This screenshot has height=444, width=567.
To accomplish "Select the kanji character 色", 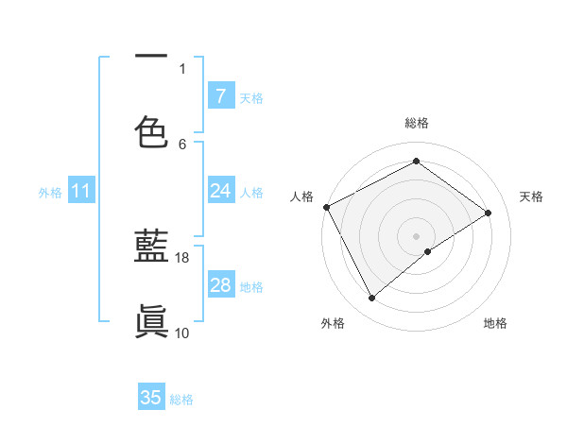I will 151,130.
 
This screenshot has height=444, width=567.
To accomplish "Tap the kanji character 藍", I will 151,248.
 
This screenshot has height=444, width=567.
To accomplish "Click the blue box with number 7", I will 221,96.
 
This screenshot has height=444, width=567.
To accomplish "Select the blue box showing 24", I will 221,192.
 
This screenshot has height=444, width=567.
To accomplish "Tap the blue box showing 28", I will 221,285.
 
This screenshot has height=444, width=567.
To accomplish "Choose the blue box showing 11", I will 81,192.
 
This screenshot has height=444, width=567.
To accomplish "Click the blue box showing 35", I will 151,398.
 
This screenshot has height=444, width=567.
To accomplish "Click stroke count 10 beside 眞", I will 182,333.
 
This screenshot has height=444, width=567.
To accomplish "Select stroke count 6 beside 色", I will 182,144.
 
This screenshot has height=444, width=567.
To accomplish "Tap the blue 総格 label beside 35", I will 181,400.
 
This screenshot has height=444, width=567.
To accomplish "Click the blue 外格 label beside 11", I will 50,193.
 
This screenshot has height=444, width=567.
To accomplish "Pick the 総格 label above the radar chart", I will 417,124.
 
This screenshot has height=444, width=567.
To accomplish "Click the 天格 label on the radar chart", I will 531,196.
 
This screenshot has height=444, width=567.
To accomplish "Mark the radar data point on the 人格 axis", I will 326,207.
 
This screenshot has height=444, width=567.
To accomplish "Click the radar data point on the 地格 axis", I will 428,251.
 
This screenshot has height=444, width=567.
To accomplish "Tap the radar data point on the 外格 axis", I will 371,299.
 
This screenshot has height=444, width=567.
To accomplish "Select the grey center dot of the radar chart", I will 417,235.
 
